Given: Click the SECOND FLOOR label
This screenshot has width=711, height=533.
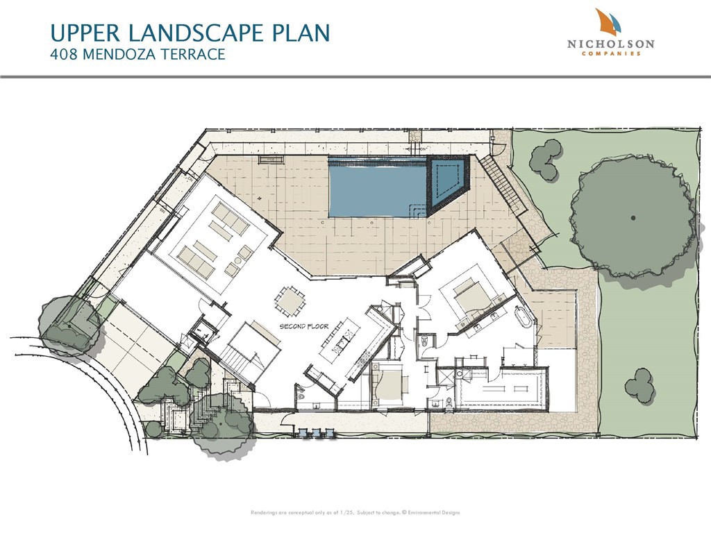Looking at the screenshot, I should [x=303, y=325].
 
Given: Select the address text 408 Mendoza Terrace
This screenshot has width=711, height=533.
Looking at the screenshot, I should [x=138, y=55].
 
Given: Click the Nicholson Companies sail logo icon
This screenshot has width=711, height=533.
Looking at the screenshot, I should [x=609, y=22].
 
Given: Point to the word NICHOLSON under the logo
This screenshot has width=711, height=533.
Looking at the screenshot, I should [x=610, y=44].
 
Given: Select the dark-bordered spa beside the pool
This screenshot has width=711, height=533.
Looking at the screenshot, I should [x=448, y=184].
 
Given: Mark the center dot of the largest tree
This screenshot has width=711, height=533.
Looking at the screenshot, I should [x=633, y=218].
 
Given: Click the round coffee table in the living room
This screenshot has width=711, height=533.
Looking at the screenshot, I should [x=236, y=261].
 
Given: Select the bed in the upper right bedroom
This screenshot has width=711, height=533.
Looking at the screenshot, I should [x=471, y=296].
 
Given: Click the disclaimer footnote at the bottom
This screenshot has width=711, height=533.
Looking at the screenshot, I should [x=355, y=513].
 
